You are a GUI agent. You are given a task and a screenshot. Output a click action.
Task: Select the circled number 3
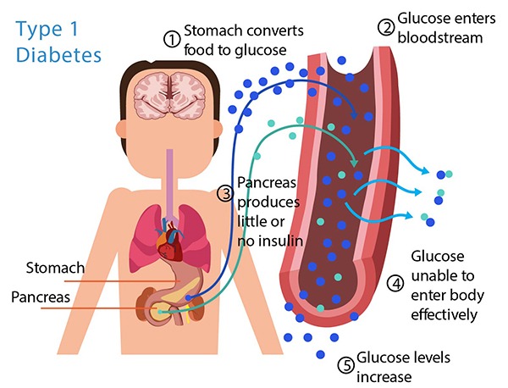[225, 194]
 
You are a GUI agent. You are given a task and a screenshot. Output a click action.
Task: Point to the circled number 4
[395, 283]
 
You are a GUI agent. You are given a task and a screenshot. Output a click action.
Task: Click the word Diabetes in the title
[58, 55]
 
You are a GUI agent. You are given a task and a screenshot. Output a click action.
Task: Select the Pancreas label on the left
[37, 298]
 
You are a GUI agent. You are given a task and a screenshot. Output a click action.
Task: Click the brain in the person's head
[183, 94]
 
